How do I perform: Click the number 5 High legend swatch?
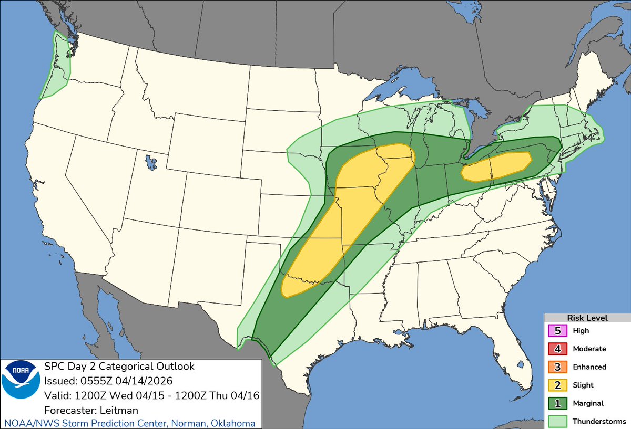[x=557, y=331]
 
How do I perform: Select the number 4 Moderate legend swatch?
[x=557, y=349]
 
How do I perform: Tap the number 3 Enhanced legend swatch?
[x=557, y=367]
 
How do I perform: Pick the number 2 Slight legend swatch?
[x=557, y=385]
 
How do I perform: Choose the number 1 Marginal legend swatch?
[x=557, y=403]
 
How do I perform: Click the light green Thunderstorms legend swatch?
[x=557, y=421]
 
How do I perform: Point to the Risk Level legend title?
[x=587, y=318]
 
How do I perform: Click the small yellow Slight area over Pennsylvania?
[x=497, y=167]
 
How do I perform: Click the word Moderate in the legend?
[x=589, y=349]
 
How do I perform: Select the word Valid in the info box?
[x=55, y=395]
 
